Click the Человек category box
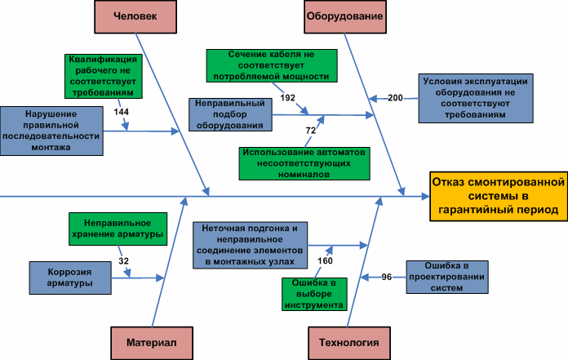[x=137, y=16]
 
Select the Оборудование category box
[x=344, y=16]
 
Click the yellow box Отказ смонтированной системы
[x=497, y=196]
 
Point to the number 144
[x=122, y=111]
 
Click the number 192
[x=288, y=97]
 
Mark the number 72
[x=310, y=130]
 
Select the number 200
[x=395, y=98]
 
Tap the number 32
[x=123, y=261]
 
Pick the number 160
[x=325, y=261]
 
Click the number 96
[x=388, y=277]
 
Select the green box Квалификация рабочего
[x=104, y=74]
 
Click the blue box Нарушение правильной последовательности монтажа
[x=52, y=131]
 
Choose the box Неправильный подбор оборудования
[x=230, y=115]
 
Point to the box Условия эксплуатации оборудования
[x=476, y=98]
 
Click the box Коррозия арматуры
[x=69, y=278]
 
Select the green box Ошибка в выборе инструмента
[x=314, y=294]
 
